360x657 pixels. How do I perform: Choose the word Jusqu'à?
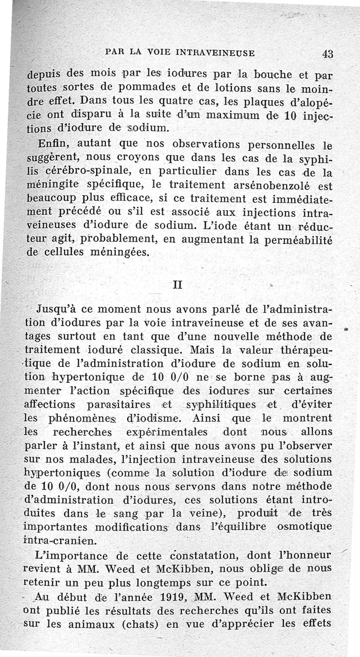58,310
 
